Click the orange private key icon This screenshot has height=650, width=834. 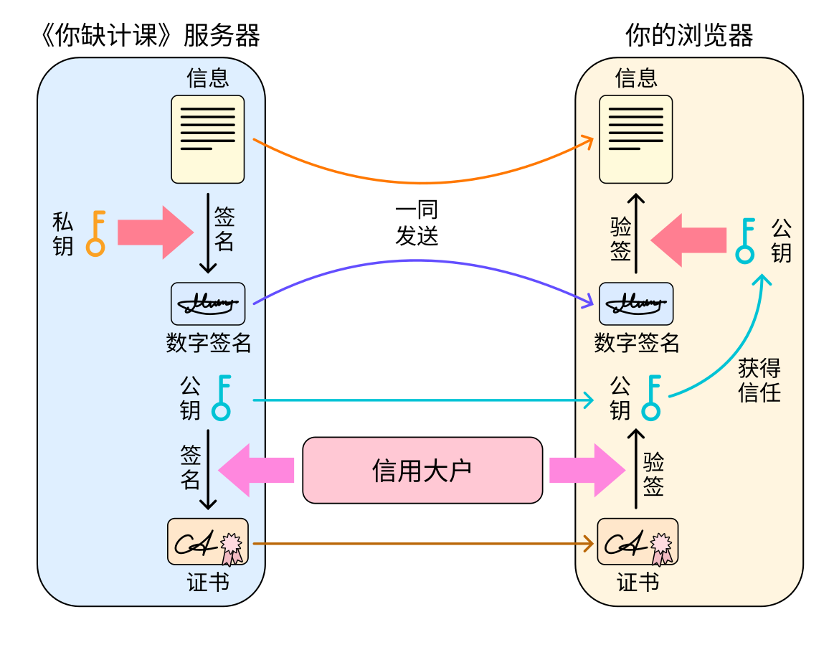click(96, 233)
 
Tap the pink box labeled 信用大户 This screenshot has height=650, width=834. click(422, 470)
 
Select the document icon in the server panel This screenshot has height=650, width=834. click(207, 139)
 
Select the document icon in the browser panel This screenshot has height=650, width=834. click(636, 139)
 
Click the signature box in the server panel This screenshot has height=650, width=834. click(208, 304)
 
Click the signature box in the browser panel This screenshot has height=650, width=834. click(636, 304)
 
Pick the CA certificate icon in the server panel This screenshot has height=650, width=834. click(208, 542)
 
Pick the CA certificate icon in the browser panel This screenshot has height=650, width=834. click(638, 542)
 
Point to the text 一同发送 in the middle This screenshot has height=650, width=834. click(417, 223)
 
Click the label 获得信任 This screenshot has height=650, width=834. click(759, 380)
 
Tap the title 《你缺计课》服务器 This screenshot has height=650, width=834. click(148, 35)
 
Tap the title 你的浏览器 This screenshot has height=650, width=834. click(689, 35)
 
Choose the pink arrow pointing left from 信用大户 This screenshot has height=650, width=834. click(256, 470)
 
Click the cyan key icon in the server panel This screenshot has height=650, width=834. click(222, 397)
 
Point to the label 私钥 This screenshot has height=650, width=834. click(63, 234)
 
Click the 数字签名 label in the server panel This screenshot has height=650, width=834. click(209, 343)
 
